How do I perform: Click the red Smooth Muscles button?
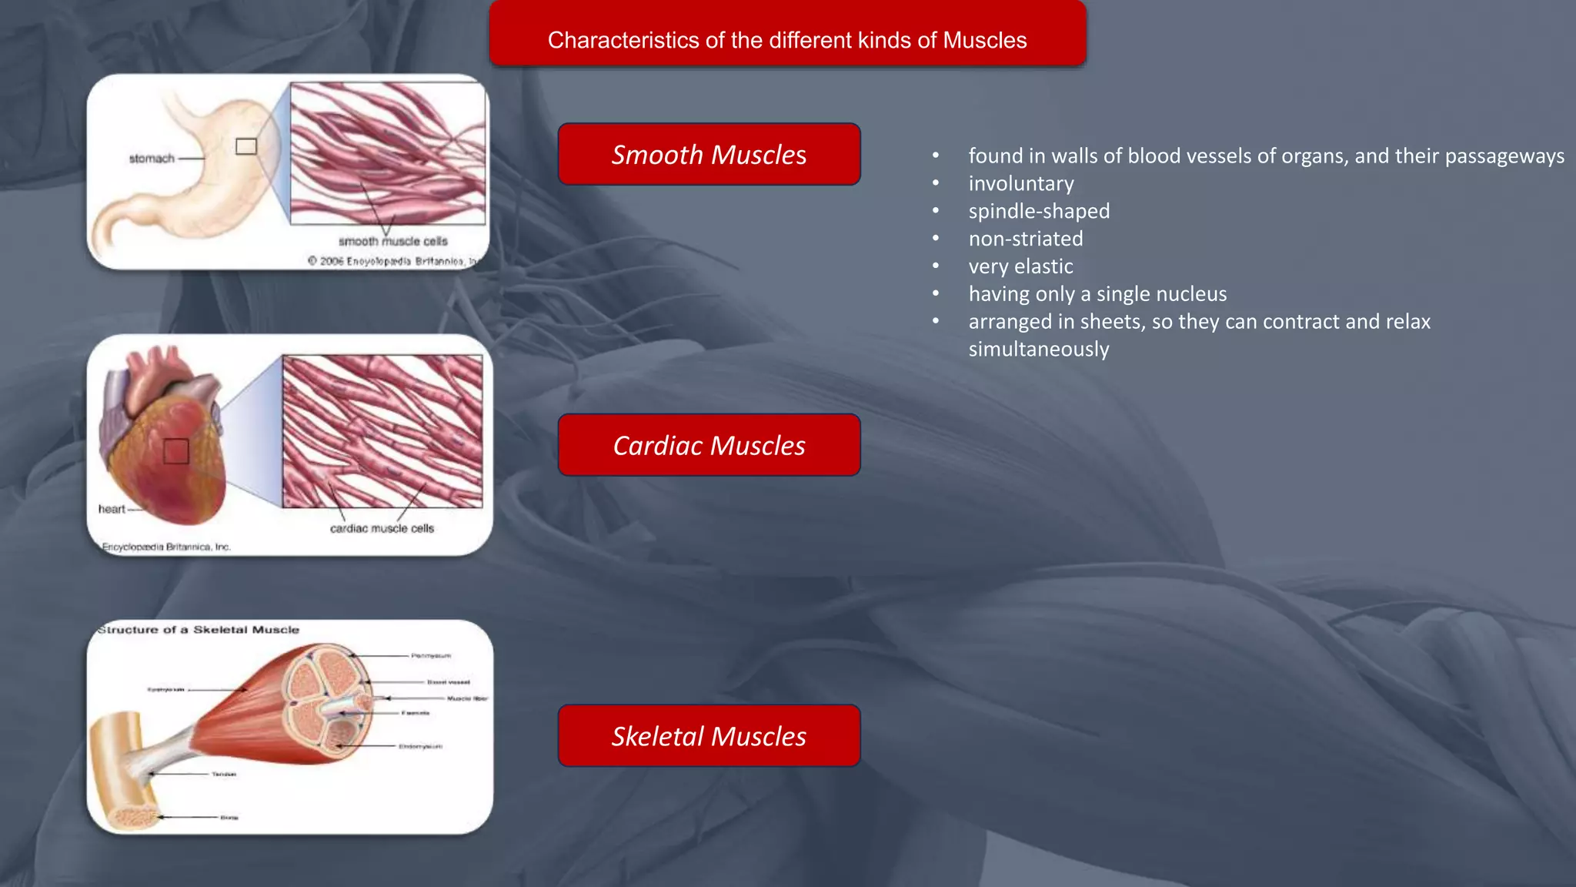(x=709, y=154)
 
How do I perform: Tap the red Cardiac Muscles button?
(x=709, y=445)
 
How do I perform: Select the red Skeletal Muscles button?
(x=709, y=736)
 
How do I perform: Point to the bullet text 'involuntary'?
(x=1021, y=184)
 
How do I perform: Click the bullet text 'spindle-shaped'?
(x=1039, y=212)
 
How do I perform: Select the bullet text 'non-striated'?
(x=1025, y=239)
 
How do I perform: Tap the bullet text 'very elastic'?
(x=1020, y=267)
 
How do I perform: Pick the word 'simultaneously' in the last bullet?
(x=1038, y=350)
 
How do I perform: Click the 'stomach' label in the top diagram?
(x=152, y=159)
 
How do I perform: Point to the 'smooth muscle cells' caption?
(x=392, y=242)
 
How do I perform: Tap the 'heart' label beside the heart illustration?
(x=112, y=509)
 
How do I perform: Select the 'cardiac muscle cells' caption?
(x=382, y=529)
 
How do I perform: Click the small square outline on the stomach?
(x=246, y=146)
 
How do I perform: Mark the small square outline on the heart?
(x=176, y=451)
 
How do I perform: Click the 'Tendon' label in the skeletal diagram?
(x=224, y=775)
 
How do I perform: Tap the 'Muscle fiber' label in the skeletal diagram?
(x=467, y=699)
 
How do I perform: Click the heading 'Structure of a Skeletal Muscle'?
(x=199, y=630)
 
